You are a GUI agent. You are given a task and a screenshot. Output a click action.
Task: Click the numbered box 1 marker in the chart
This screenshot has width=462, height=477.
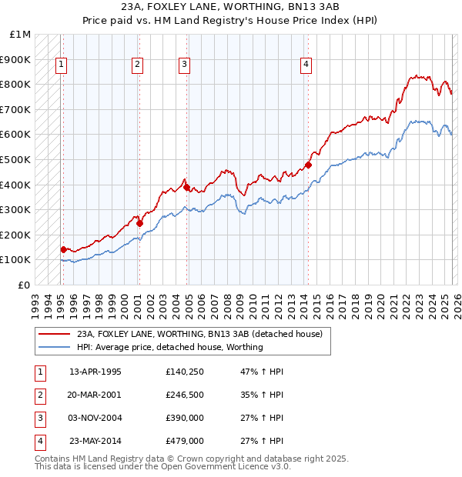point(61,65)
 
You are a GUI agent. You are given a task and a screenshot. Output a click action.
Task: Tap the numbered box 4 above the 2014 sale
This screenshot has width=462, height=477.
point(306,65)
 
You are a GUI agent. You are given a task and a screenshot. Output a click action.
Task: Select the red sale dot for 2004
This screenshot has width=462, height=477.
point(186,187)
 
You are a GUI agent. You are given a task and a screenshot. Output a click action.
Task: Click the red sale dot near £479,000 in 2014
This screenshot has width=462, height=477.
point(308,165)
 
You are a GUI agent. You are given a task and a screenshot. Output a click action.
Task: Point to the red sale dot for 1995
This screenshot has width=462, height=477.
point(63,249)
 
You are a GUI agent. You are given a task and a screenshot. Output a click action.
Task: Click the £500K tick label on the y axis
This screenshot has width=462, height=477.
point(15,159)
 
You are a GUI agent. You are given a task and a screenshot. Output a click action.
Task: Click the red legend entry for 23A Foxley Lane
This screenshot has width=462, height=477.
point(204,334)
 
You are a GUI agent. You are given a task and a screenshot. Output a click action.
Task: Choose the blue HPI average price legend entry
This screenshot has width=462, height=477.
point(169,347)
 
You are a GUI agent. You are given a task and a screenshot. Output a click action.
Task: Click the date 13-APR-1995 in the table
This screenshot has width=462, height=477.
point(95,372)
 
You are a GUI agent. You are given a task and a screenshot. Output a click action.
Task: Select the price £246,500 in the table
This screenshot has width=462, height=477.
point(185,395)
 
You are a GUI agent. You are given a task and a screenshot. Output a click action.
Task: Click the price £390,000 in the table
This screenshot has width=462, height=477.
point(185,418)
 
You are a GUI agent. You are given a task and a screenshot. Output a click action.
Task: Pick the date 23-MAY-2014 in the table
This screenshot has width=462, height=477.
point(95,441)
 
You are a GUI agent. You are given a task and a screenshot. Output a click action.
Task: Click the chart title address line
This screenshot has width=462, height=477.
point(230,7)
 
